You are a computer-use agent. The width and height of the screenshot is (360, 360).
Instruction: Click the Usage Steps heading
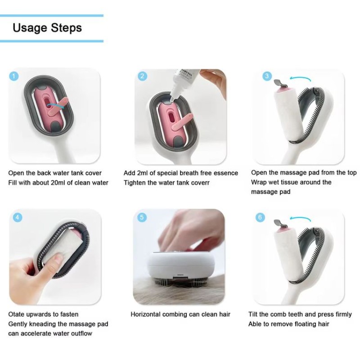[47, 28]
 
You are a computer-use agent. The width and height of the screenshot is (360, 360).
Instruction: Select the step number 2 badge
[143, 76]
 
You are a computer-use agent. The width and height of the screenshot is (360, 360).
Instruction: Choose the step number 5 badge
[143, 217]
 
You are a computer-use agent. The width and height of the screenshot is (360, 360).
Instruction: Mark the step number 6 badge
[260, 217]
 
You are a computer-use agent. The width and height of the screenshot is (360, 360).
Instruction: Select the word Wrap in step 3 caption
[259, 182]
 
